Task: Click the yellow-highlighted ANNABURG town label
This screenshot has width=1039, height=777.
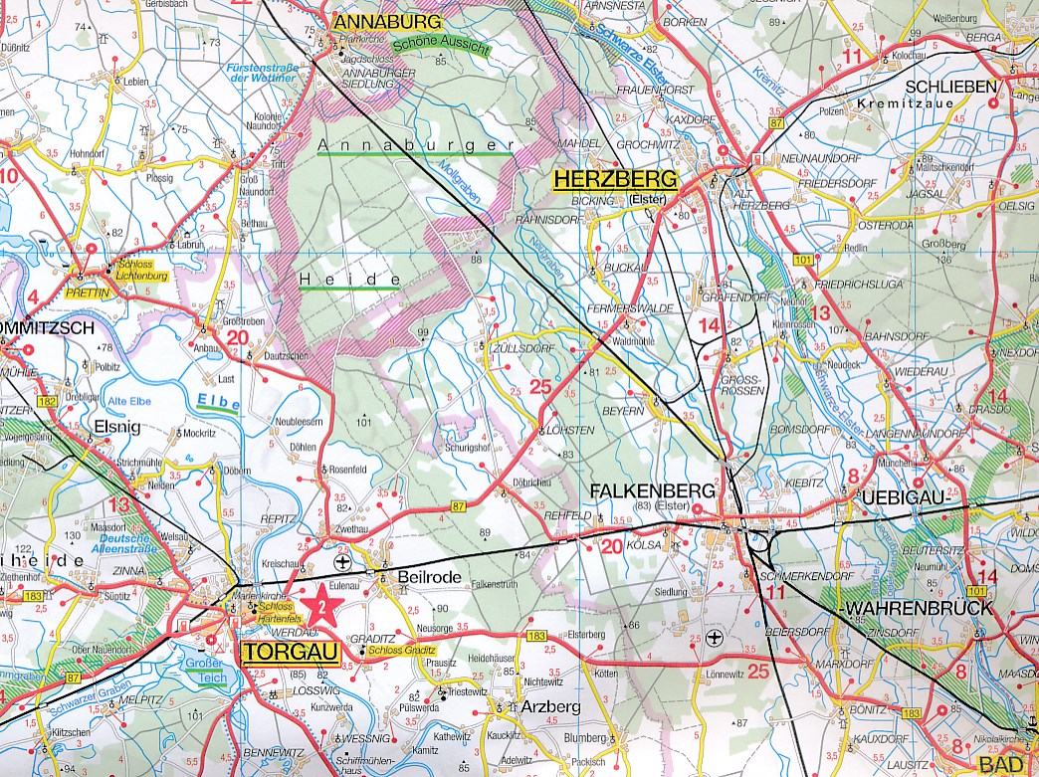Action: pyautogui.click(x=388, y=21)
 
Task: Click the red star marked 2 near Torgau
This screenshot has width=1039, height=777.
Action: pyautogui.click(x=320, y=607)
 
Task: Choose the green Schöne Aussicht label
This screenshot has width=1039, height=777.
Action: pyautogui.click(x=441, y=44)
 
